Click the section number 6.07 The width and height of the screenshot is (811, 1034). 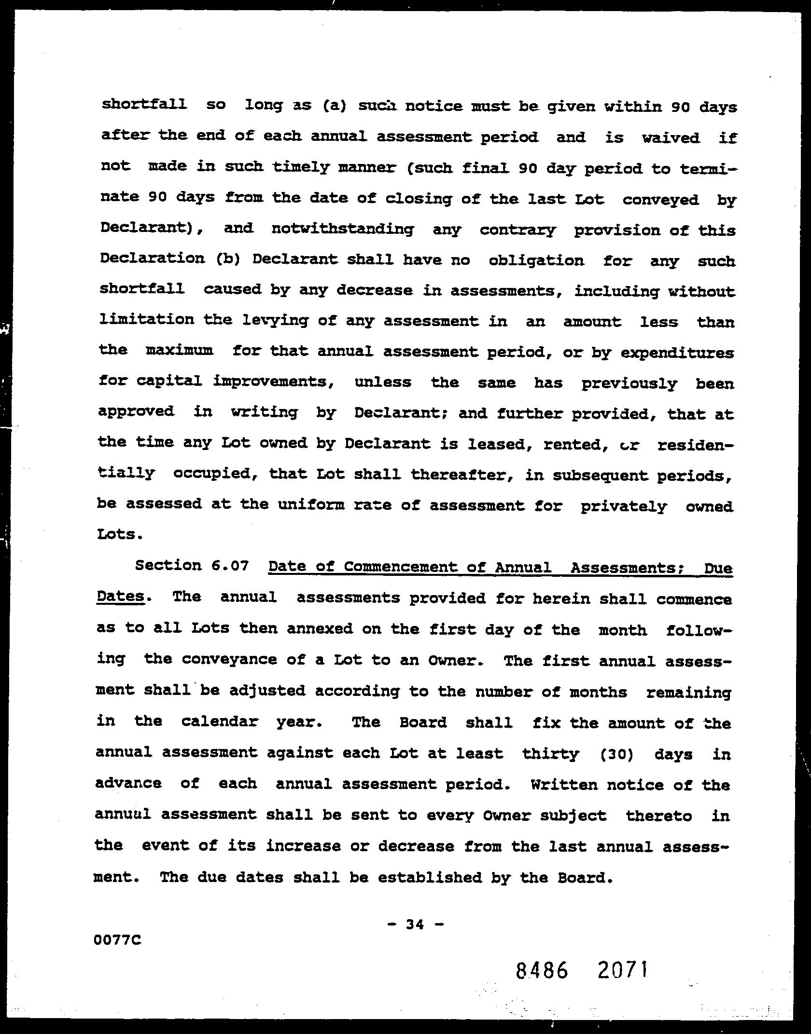230,565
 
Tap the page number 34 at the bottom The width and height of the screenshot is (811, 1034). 415,924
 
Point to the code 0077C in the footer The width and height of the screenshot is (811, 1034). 119,939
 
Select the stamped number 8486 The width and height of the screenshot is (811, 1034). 541,971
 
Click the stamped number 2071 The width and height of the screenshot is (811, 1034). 622,969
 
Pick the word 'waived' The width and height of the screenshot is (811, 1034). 671,138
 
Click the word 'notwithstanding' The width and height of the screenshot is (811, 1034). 342,229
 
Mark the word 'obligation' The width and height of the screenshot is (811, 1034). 536,261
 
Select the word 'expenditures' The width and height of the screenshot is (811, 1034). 677,353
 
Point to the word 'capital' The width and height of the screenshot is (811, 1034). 169,381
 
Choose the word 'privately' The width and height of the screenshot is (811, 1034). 623,506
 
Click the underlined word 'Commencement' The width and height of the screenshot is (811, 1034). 400,567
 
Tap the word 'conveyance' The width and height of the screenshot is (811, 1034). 229,659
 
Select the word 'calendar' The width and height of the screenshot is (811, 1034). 220,721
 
